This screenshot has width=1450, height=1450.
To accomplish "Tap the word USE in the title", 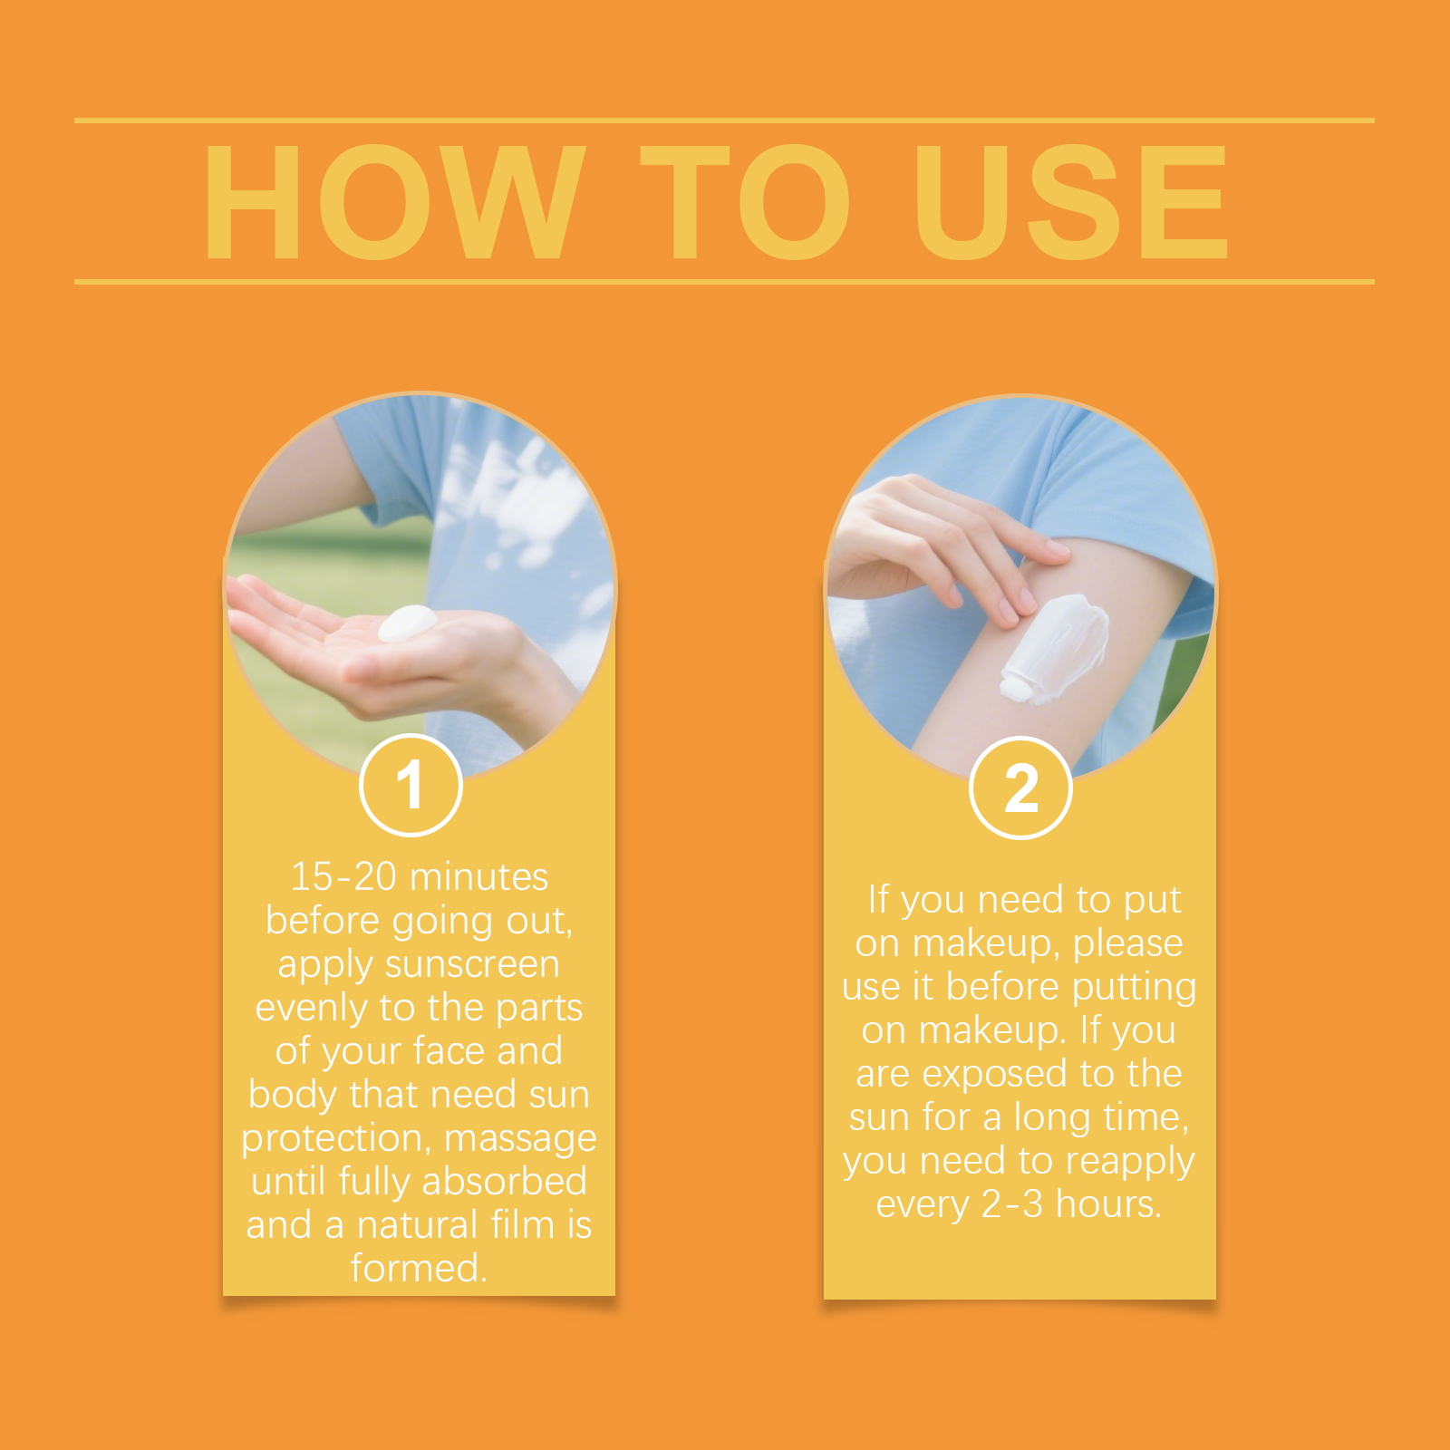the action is [1071, 202].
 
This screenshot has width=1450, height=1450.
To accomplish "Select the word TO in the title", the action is [745, 202].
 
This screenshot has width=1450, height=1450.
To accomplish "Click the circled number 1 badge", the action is [411, 785].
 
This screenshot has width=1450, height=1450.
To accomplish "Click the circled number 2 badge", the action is [1020, 788].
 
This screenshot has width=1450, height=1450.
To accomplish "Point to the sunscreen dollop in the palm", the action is [407, 623].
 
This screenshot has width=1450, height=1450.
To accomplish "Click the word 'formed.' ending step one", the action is [419, 1267].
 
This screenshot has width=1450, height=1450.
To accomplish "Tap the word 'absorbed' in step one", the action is [504, 1181].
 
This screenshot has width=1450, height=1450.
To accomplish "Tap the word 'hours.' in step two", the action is [1108, 1203].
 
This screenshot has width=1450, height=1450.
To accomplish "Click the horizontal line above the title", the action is [724, 120].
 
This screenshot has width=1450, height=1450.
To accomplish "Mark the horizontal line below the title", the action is [724, 282].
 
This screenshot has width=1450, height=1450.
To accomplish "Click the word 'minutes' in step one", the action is [478, 876].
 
